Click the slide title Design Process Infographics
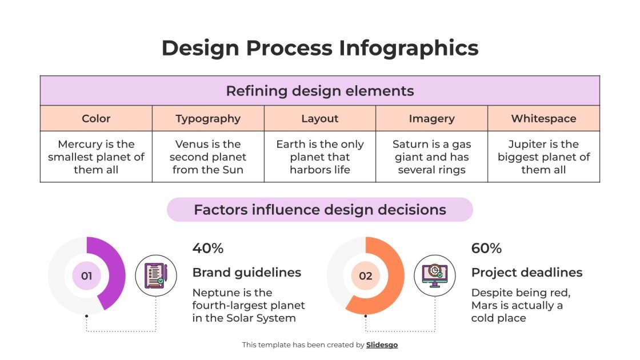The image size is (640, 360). coord(320,48)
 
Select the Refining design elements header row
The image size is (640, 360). coord(320,91)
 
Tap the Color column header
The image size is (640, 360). coord(96,119)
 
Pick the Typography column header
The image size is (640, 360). coord(208,119)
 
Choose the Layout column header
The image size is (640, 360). coord(320,119)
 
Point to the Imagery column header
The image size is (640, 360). coord(431,119)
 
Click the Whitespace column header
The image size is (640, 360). coord(543,119)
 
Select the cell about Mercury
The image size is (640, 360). coord(96,157)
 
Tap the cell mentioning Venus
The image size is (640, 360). coord(208,157)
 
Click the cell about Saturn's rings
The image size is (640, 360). coord(431,157)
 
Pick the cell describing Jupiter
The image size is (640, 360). coord(543,157)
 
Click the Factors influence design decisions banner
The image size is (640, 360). coord(320,210)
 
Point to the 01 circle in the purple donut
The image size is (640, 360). coord(86,276)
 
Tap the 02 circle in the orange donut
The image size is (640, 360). coord(366,276)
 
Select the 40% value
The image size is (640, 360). coord(208,249)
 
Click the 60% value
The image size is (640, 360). coord(486,249)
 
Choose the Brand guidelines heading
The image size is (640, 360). coord(247,273)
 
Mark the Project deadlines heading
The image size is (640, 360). coord(527,273)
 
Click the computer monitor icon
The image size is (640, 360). coord(435,275)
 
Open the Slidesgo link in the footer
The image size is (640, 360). coord(382,345)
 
